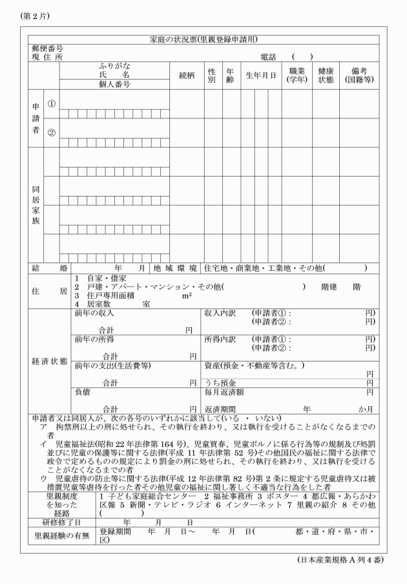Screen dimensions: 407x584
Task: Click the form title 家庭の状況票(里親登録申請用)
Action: click(203, 39)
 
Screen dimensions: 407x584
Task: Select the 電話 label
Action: click(267, 57)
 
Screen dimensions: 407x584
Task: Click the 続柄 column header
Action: click(187, 75)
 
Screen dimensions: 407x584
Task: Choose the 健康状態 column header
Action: click(325, 75)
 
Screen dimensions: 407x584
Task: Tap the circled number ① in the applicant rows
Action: click(52, 103)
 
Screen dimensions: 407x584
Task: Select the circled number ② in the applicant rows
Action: click(52, 133)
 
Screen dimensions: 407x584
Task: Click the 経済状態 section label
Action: click(49, 361)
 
